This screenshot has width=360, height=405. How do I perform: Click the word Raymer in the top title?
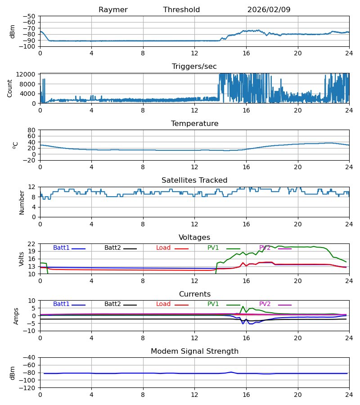113,10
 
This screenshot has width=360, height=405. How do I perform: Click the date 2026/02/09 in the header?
269,10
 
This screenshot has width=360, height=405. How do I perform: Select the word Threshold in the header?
181,10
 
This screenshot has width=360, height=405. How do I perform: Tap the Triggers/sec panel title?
194,67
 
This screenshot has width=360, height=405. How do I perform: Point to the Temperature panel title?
194,124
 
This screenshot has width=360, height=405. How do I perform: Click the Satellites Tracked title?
194,180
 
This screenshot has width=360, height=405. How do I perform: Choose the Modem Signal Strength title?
194,351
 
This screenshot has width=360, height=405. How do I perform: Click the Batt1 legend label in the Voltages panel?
61,248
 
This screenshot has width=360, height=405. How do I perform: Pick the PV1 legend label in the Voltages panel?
213,248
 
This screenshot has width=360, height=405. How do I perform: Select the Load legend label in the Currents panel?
163,304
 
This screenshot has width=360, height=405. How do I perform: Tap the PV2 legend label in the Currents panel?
265,304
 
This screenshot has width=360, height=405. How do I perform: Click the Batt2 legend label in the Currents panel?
112,304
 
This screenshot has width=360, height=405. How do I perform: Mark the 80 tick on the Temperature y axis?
32,130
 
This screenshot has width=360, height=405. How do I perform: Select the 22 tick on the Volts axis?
32,244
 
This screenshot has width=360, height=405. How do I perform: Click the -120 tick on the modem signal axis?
28,388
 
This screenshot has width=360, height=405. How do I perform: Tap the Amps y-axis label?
17,316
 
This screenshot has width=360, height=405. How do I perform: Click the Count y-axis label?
10,88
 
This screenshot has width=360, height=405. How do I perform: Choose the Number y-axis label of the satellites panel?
22,202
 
